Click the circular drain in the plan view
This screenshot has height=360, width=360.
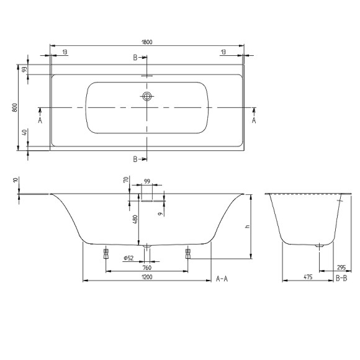(x=147, y=96)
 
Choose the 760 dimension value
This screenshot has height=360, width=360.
(x=147, y=268)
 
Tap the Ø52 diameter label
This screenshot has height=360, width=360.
(x=128, y=258)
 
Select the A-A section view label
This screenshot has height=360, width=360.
(x=222, y=279)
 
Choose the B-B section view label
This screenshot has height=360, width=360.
(x=341, y=279)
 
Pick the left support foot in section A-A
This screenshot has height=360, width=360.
(x=106, y=253)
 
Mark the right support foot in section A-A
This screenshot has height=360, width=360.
(x=187, y=253)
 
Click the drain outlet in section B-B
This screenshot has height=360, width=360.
(x=320, y=246)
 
